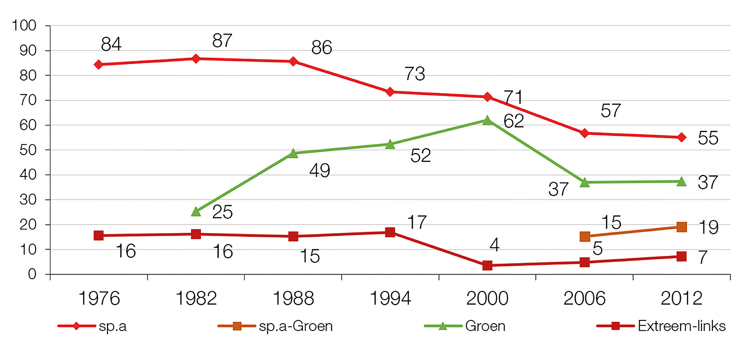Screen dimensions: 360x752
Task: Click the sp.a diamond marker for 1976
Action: point(99,65)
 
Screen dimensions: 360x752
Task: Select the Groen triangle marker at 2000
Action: point(487,120)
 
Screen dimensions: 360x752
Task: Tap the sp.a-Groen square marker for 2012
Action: point(682,227)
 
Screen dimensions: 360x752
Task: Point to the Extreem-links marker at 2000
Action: point(487,265)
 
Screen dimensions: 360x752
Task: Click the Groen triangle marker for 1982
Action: point(196,211)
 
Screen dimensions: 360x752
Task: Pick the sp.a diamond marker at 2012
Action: point(682,137)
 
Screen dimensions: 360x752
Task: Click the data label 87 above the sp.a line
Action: point(222,41)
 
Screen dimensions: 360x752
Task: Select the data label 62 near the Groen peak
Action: point(514,121)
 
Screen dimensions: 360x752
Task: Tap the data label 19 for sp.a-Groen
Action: point(708,227)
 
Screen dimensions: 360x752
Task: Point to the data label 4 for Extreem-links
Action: point(495,245)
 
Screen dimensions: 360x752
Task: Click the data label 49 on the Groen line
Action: point(320,171)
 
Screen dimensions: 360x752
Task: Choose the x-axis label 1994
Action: point(390,299)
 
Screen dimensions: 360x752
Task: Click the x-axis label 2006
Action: point(584,299)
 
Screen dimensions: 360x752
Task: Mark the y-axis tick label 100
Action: point(24,25)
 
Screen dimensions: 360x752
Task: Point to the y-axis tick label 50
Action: point(28,150)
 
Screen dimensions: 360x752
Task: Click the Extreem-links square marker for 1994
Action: point(390,232)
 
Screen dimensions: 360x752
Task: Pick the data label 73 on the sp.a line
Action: point(415,74)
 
